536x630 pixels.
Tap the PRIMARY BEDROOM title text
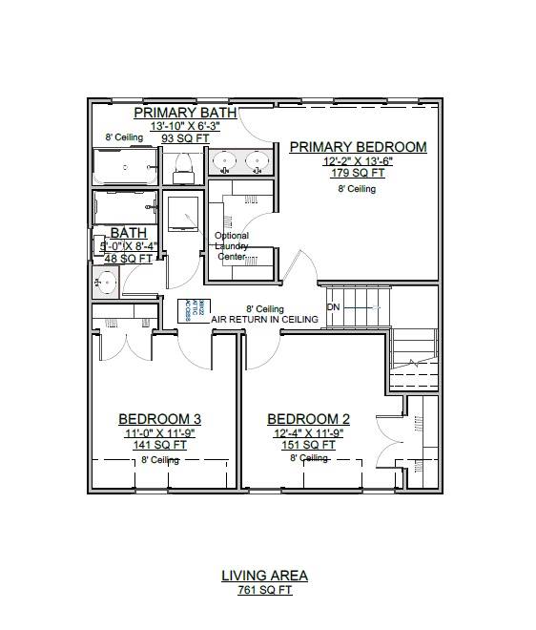click(x=358, y=147)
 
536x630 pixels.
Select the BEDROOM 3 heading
click(x=159, y=419)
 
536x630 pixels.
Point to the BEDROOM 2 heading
click(x=308, y=419)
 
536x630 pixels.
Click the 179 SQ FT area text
click(x=358, y=174)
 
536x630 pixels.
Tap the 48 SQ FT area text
click(x=128, y=258)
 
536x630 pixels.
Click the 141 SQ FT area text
click(x=159, y=444)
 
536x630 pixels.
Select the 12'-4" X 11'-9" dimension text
click(x=308, y=431)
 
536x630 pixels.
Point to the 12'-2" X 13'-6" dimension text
click(x=358, y=161)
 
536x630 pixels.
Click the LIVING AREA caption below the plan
click(x=264, y=576)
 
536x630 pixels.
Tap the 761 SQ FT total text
click(x=264, y=590)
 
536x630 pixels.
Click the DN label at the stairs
click(x=334, y=307)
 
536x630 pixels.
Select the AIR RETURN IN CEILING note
click(x=264, y=320)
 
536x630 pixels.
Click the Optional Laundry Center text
click(x=232, y=246)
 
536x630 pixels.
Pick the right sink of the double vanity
click(x=256, y=160)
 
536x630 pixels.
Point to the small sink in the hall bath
click(x=106, y=282)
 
